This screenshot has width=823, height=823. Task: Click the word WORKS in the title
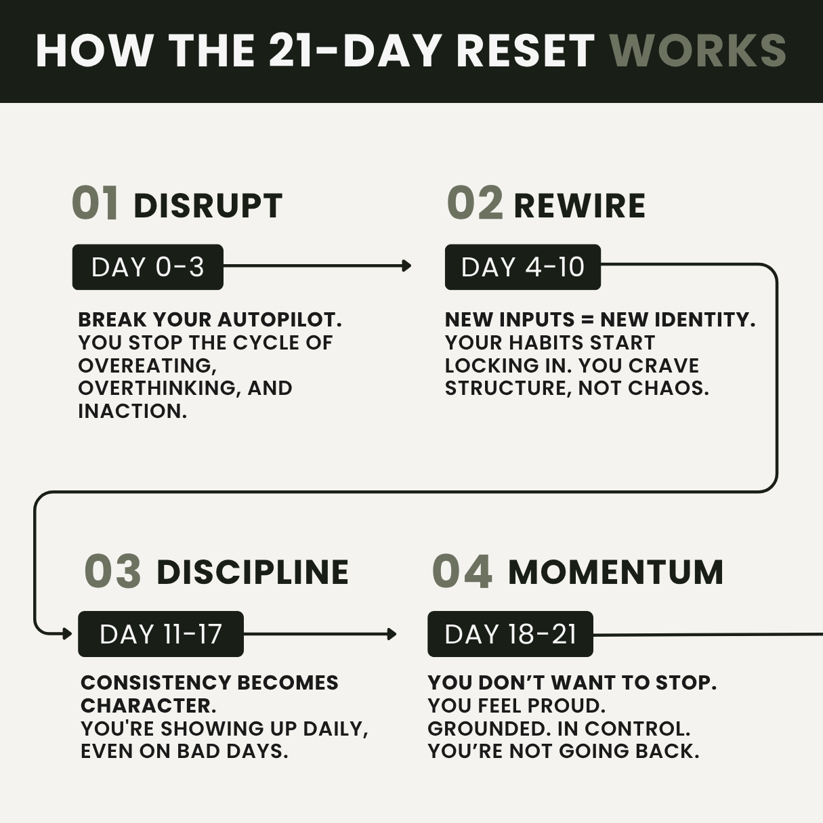pos(698,51)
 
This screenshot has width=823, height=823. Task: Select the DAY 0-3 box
pos(148,267)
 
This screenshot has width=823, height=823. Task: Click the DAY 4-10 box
pos(523,267)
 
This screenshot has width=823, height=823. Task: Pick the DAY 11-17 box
pos(161,634)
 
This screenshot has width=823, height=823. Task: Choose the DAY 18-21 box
pos(510,634)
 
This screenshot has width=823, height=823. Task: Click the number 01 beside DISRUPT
pos(95,203)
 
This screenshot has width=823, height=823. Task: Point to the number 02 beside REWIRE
pos(475,203)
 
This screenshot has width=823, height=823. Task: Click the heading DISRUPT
pos(208,206)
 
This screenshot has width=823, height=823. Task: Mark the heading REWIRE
pos(580,206)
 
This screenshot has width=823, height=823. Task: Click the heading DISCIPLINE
pos(253,572)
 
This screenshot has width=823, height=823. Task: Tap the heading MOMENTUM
pos(616,572)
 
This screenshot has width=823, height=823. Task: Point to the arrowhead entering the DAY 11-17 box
pos(67,634)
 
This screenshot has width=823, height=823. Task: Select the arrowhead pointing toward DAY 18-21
pos(392,634)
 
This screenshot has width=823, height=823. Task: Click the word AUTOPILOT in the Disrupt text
pos(280,320)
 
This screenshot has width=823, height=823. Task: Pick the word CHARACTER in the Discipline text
pos(148,706)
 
